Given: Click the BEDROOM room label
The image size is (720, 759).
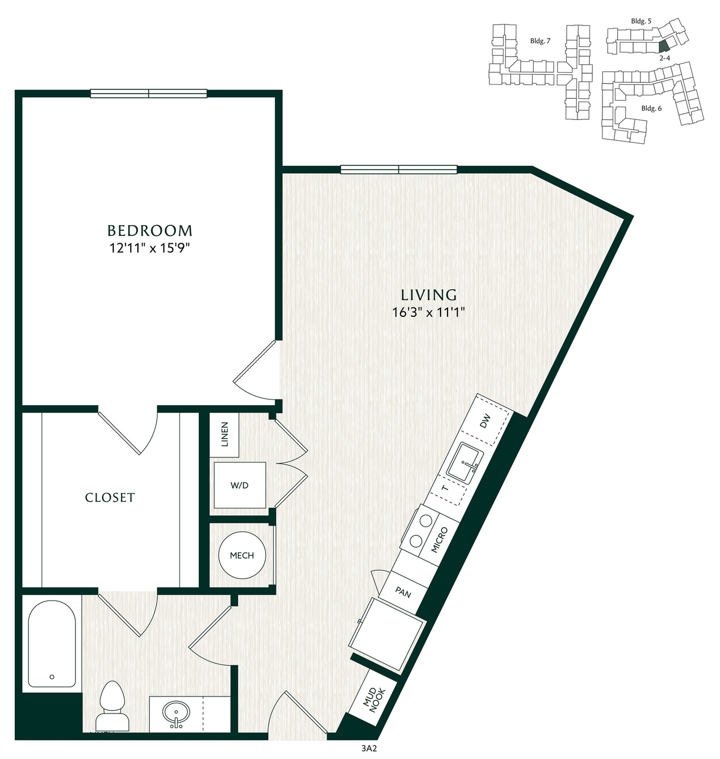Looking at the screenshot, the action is (x=150, y=231).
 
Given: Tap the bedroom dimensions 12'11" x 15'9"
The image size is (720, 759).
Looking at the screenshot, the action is (x=150, y=248).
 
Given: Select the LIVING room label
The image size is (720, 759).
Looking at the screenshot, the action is (x=429, y=295).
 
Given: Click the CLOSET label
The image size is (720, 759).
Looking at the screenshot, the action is (x=110, y=498).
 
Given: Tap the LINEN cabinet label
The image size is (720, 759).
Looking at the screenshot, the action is (x=224, y=434).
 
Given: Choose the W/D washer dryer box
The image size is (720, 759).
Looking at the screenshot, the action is (x=240, y=485).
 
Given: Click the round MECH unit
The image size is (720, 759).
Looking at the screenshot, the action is (x=242, y=555).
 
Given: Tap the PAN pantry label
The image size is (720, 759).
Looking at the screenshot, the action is (x=403, y=592).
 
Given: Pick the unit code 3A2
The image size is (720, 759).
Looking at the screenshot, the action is (x=369, y=749).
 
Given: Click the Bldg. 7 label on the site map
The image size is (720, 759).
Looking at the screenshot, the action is (x=540, y=41).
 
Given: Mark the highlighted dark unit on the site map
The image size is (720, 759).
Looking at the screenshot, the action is (x=663, y=45).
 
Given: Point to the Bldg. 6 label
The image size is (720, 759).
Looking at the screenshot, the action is (x=651, y=109).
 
